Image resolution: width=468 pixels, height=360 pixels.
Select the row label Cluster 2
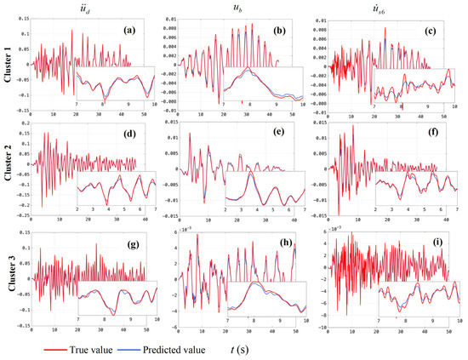click(x=8, y=167)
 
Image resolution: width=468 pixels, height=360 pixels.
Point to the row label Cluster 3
click(x=8, y=276)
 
